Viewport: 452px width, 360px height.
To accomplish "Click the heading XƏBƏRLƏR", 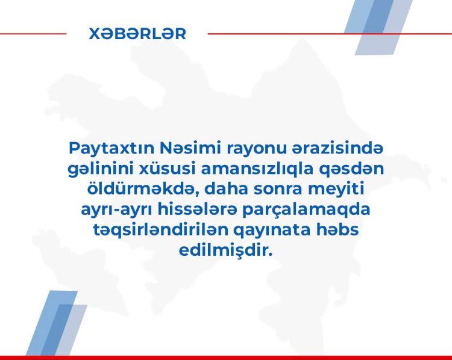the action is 137,34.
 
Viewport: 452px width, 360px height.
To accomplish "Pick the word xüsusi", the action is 168,169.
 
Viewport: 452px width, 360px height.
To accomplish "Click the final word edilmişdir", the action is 226,250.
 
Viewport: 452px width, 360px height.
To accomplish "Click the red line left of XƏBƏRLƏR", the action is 33,34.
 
